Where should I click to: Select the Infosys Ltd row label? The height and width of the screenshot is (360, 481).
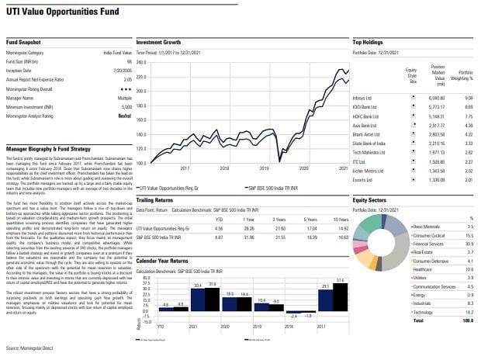click(362, 98)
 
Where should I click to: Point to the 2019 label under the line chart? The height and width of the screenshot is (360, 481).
click(264, 167)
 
